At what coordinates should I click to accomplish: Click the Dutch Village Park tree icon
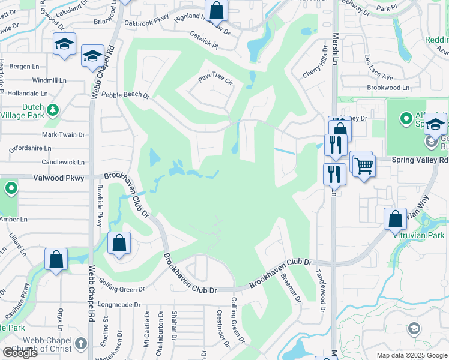(53, 110)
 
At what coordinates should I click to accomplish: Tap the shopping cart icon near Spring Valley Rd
(364, 166)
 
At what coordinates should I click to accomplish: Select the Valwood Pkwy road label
(59, 178)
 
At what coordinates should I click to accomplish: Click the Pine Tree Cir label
(215, 80)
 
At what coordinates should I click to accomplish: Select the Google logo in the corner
(20, 353)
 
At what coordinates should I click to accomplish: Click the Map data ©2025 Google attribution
(412, 355)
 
